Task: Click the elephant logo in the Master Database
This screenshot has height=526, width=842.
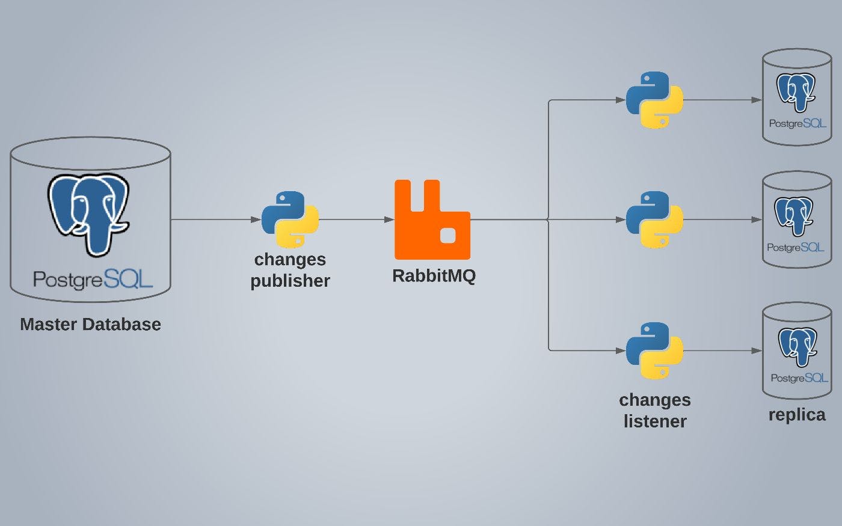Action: [x=88, y=213]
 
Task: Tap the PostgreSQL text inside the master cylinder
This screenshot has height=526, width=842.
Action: [x=93, y=279]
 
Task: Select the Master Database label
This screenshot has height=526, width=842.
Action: [x=90, y=325]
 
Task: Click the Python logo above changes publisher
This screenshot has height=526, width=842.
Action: [x=290, y=219]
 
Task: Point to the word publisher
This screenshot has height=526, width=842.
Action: [x=290, y=281]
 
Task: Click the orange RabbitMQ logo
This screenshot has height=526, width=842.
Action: [x=432, y=220]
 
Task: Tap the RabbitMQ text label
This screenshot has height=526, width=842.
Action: [x=434, y=276]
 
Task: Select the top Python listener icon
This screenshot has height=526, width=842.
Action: [x=654, y=100]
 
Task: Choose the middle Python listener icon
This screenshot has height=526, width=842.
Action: [x=654, y=219]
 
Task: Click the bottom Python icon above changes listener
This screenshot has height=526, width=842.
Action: [x=654, y=350]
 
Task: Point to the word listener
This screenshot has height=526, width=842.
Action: [x=655, y=421]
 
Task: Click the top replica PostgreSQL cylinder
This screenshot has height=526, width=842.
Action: [x=797, y=97]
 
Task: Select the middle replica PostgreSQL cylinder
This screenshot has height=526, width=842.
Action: [x=797, y=220]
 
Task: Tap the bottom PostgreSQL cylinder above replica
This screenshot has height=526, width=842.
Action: [x=797, y=351]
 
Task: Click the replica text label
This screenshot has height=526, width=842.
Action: [x=797, y=415]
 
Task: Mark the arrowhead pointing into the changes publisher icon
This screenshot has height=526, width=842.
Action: [x=256, y=219]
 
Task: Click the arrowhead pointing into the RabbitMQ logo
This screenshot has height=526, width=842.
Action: [x=389, y=219]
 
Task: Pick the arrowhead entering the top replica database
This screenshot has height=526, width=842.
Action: [x=757, y=100]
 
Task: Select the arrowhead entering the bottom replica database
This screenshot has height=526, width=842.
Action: [x=757, y=350]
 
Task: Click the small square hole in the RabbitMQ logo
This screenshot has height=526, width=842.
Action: [x=447, y=236]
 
